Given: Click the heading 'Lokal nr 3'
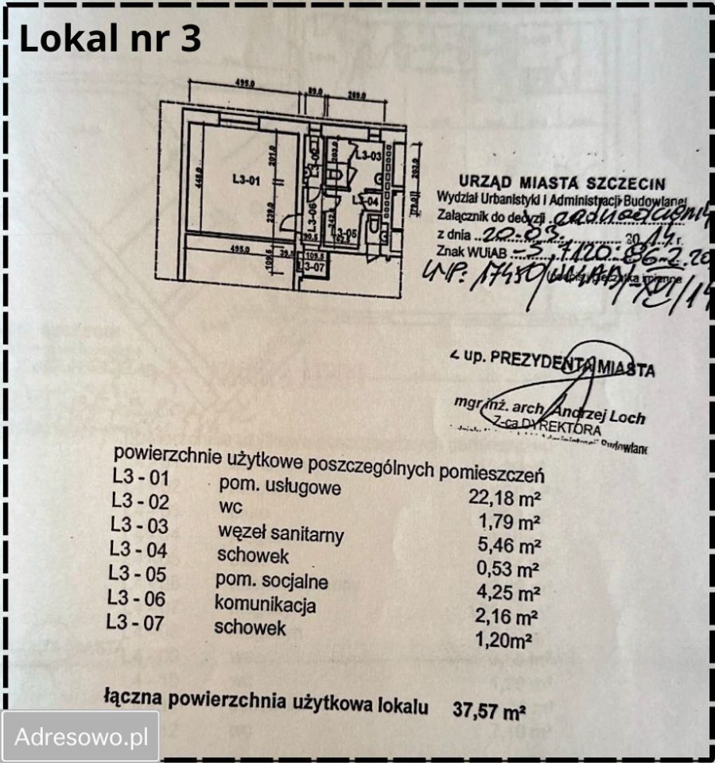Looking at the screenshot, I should point(110,38).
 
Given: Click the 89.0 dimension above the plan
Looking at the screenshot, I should point(315,92).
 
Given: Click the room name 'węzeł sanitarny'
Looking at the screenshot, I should point(280,533).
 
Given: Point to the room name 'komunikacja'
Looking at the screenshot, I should point(266,604).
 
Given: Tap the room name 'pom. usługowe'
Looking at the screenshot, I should point(279,486).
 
